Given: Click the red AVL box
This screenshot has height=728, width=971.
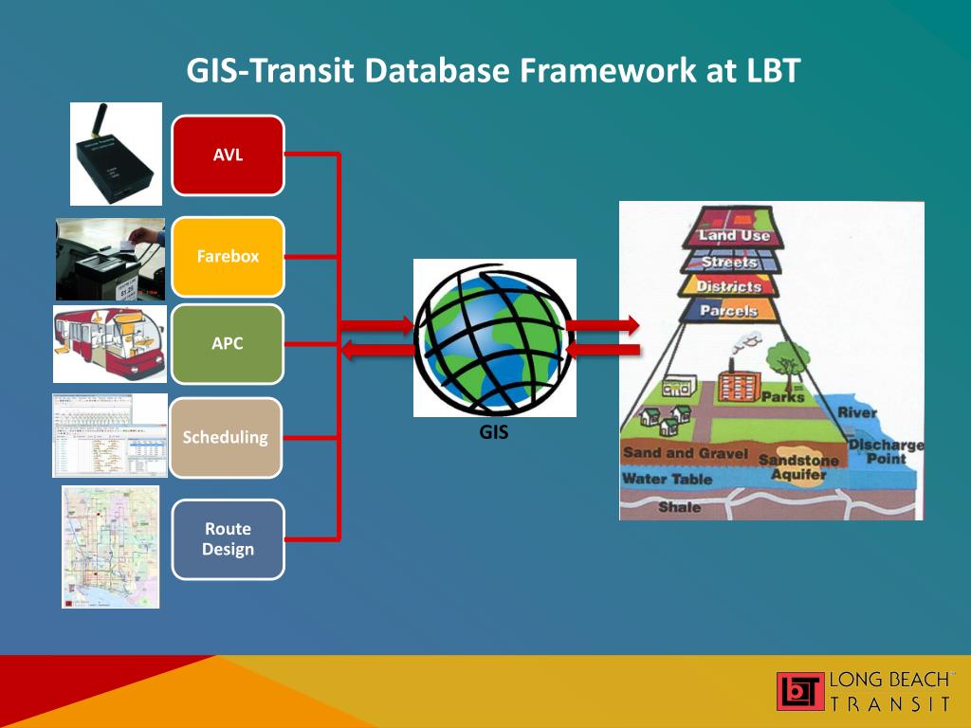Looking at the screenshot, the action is click(228, 155).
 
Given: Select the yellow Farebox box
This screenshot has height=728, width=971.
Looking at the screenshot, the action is click(228, 256).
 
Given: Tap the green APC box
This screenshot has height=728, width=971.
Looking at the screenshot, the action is click(228, 343).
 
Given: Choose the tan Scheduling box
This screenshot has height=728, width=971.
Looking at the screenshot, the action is click(226, 437).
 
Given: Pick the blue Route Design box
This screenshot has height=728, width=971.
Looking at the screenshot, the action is click(228, 538).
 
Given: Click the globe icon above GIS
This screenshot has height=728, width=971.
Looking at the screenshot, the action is click(494, 337).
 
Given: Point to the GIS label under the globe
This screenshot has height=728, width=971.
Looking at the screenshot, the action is click(494, 434).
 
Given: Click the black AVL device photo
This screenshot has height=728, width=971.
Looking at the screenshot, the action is click(116, 154).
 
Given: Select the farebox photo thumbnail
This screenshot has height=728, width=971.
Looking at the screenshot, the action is click(110, 258).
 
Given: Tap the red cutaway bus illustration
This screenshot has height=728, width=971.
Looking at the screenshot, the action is click(110, 343).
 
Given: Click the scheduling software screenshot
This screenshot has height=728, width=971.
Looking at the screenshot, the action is click(110, 435).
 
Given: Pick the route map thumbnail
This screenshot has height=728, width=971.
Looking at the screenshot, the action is click(110, 546).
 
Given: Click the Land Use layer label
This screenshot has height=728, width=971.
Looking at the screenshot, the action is click(734, 235).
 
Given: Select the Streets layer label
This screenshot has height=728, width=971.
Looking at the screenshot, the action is click(729, 262).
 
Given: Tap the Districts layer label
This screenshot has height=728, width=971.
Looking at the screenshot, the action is click(728, 286).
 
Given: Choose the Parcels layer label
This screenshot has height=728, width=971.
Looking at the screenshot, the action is click(728, 311).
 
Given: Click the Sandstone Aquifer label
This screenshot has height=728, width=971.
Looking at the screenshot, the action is click(797, 466).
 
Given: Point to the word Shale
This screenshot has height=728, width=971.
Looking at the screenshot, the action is click(679, 507).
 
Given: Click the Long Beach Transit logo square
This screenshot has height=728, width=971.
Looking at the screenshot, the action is click(799, 691).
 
